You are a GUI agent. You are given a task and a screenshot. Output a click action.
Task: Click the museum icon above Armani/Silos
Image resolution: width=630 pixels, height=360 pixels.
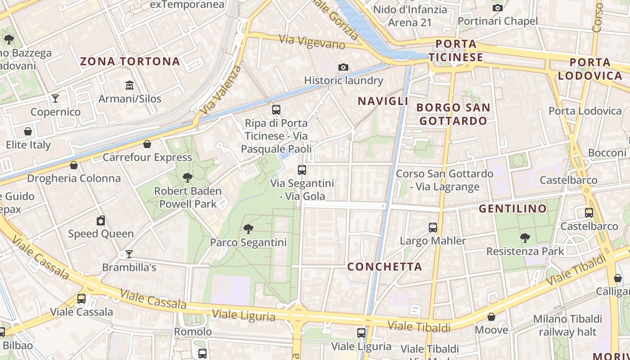tap(130, 85)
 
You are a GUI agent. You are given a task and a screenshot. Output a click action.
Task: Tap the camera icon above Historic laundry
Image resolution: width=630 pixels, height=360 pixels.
tap(343, 67)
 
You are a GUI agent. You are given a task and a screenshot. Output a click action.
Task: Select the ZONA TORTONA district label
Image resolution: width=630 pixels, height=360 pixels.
tap(130, 62)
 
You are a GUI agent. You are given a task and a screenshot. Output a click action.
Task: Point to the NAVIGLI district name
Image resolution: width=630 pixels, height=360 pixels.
tap(383, 101)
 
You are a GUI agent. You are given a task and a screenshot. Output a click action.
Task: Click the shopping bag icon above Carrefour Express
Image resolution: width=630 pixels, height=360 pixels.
tap(147, 144)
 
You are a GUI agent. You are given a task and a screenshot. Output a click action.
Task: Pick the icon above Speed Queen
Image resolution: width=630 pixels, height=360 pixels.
tap(101, 220)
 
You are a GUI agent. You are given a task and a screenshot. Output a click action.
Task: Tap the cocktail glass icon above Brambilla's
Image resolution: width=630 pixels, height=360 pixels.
tap(129, 254)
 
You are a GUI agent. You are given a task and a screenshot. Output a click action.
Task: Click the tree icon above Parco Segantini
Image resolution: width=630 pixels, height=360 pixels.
tap(248, 229)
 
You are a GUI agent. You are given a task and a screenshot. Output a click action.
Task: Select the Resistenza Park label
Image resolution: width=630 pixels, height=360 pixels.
tap(525, 251)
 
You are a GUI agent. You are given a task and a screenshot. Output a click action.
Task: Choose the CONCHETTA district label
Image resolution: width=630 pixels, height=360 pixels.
tap(385, 267)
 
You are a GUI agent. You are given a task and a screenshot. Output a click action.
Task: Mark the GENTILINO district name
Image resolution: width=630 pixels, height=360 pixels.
tap(513, 209)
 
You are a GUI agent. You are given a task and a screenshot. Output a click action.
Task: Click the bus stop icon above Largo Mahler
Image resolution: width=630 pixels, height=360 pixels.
tap(433, 228)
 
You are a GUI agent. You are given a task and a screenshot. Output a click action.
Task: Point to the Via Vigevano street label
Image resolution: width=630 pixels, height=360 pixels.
tap(312, 41)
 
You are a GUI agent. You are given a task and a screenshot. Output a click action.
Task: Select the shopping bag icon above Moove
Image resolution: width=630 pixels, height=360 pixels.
tap(491, 317)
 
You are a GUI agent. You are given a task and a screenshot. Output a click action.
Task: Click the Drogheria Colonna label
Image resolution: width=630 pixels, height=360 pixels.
tap(74, 178)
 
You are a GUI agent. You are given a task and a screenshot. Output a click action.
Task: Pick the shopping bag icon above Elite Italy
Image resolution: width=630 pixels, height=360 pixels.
tap(28, 132)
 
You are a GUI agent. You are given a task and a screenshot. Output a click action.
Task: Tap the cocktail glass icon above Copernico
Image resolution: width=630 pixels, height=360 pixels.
tap(55, 99)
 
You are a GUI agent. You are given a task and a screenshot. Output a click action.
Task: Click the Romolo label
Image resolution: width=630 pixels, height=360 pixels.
tap(193, 332)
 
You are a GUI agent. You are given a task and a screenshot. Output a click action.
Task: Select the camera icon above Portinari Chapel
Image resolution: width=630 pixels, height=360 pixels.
tap(498, 8)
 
